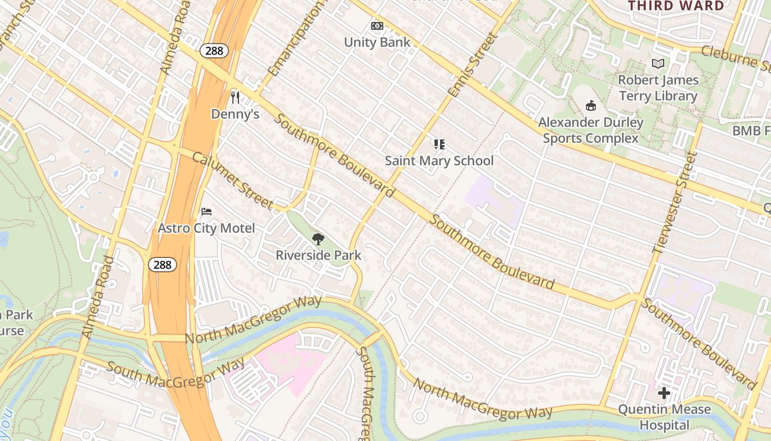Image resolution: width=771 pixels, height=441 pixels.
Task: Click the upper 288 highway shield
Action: [x=214, y=51]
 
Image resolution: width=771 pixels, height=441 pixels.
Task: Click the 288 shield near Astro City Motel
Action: [x=162, y=265]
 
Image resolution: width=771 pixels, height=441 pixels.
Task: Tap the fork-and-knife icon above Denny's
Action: [x=235, y=98]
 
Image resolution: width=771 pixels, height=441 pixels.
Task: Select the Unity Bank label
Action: [x=377, y=42]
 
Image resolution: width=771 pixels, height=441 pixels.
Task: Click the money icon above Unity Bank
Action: [x=377, y=26]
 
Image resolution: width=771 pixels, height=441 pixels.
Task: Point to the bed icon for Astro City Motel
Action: [x=207, y=212]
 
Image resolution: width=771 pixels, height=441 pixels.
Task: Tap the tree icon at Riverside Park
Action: [x=318, y=239]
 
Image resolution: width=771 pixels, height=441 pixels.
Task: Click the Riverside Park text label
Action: [x=318, y=255]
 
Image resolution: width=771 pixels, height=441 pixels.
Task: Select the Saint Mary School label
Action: [x=439, y=161]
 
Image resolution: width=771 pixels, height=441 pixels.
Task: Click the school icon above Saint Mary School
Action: [x=439, y=144]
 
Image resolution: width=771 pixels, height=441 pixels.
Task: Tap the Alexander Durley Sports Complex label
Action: [x=590, y=130]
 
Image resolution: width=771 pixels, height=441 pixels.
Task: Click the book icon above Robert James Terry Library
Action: [x=658, y=63]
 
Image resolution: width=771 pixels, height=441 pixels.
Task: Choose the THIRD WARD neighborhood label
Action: [x=676, y=6]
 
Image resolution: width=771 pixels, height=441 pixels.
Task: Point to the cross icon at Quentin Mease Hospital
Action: [x=664, y=393]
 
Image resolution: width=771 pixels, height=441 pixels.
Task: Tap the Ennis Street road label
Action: [x=473, y=65]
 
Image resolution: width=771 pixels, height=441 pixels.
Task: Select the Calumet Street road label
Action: [x=232, y=180]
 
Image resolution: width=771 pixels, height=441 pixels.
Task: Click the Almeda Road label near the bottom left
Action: [x=97, y=297]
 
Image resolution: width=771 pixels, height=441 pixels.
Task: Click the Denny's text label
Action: [x=235, y=114]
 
